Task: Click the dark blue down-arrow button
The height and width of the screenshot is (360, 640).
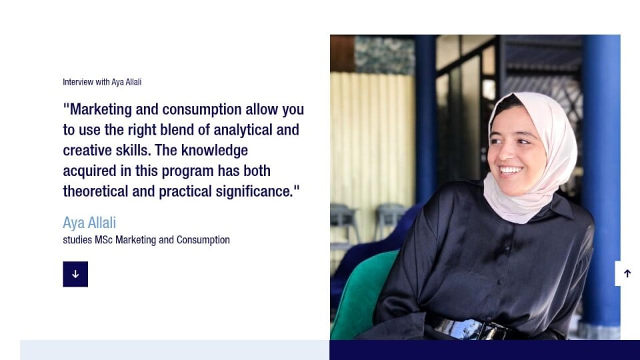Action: coord(75,274)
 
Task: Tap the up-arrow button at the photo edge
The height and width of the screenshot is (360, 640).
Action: coord(627,273)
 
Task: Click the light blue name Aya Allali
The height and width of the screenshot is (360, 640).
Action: coord(89,223)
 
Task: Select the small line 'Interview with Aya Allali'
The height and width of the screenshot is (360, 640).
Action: coord(102,82)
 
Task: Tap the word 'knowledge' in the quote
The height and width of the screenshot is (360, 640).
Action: coord(214,151)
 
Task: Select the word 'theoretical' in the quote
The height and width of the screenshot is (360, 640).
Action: coord(95,191)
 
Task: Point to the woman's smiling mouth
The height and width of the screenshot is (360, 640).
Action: coord(510,169)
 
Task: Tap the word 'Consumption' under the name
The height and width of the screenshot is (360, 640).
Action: coord(203,240)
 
